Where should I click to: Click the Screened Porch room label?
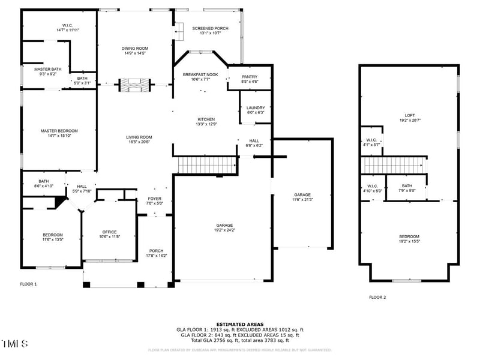[210, 28]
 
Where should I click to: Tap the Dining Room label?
[134, 49]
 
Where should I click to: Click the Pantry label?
[250, 77]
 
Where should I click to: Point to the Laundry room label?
[256, 108]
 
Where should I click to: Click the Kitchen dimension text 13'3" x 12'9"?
[206, 124]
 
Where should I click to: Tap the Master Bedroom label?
[59, 131]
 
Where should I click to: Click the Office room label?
[109, 232]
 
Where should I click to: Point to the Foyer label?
[155, 199]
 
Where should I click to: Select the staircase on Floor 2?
[393, 165]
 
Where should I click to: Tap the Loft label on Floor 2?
[410, 115]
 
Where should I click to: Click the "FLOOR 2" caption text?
[377, 297]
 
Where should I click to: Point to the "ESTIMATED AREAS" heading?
[240, 324]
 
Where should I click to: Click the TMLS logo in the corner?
[14, 344]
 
